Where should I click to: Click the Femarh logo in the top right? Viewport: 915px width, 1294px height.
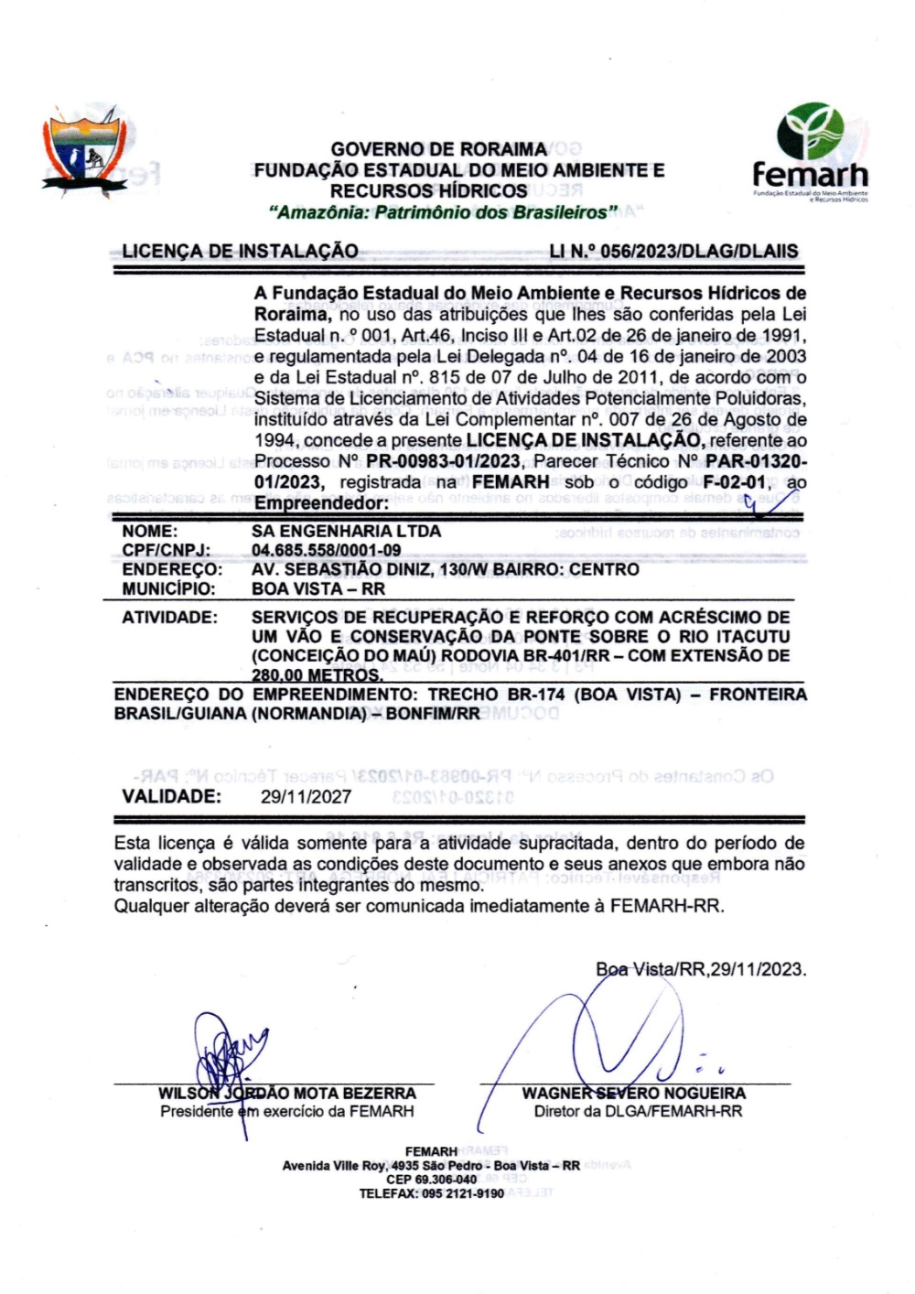click(x=810, y=151)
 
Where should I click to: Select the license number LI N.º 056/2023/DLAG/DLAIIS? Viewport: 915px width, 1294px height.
click(x=673, y=252)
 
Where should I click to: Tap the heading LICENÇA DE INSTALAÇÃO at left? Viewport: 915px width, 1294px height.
click(x=240, y=252)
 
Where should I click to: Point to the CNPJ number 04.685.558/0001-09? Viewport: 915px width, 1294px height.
click(x=326, y=550)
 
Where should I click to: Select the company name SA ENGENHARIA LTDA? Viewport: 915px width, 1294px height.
click(x=346, y=531)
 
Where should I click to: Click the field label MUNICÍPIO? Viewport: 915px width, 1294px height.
click(x=168, y=588)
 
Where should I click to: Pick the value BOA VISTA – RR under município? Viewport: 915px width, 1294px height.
click(x=318, y=588)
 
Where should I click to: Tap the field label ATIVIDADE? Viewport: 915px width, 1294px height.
click(x=169, y=618)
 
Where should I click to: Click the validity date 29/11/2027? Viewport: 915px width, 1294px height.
click(x=306, y=796)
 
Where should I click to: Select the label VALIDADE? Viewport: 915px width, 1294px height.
click(x=171, y=796)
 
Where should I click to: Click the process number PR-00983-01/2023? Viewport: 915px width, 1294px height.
click(x=443, y=461)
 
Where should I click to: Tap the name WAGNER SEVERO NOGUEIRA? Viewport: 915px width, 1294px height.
click(x=633, y=1094)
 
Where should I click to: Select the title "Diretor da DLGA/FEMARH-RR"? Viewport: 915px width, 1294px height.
click(x=638, y=1112)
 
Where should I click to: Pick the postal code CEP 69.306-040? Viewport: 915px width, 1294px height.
click(x=431, y=1180)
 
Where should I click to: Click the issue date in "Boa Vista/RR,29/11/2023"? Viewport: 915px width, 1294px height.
click(x=758, y=970)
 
